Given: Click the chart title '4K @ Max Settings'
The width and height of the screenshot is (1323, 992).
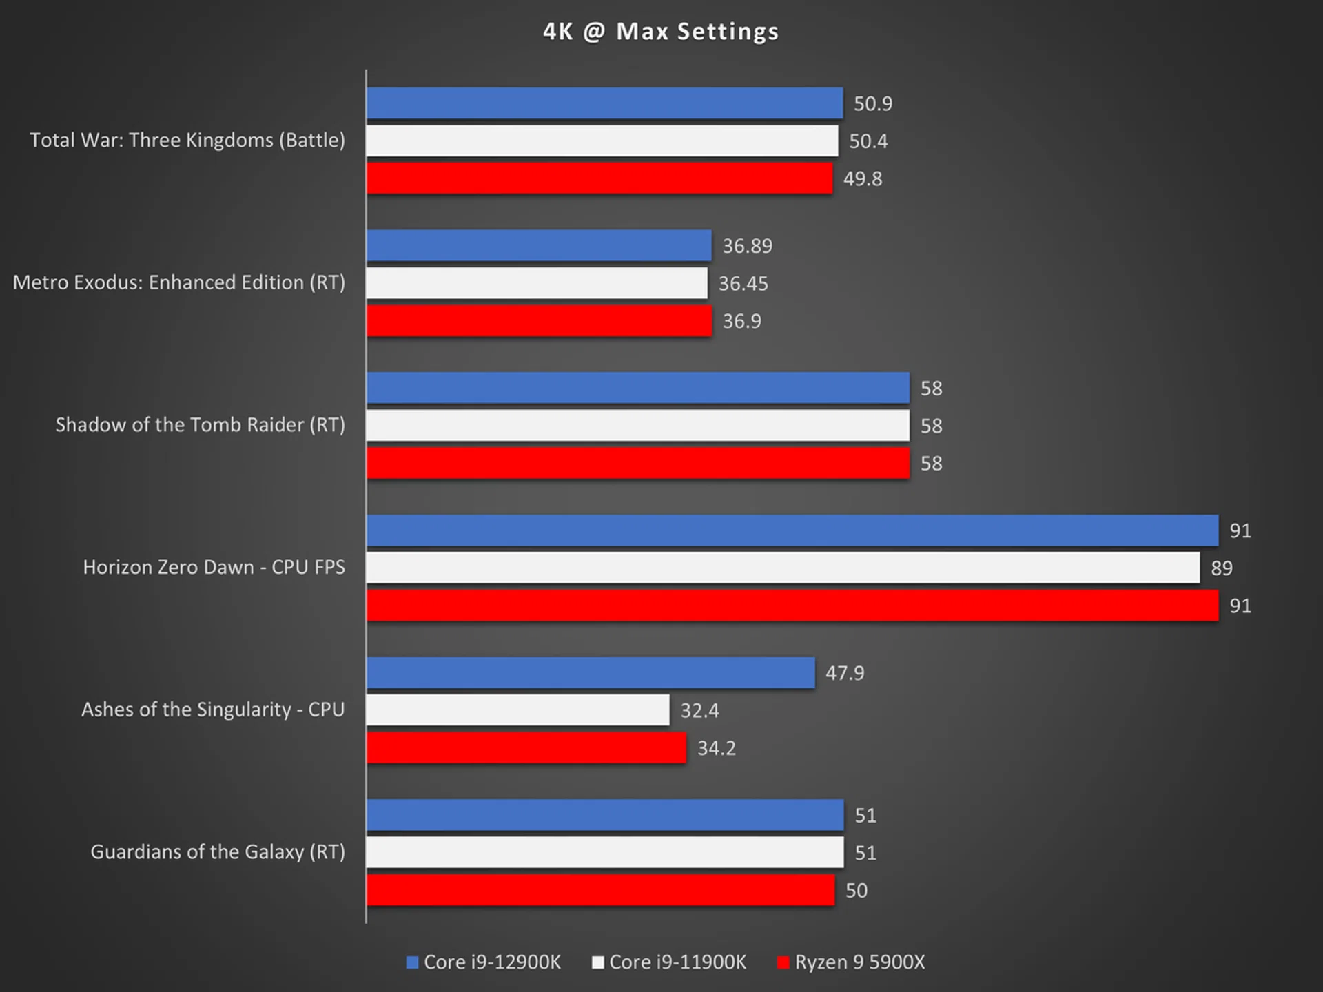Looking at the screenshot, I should pos(660,32).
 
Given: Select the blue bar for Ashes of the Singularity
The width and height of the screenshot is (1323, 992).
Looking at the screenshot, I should pos(591,672).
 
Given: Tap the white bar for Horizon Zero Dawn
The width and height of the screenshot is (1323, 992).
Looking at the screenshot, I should pos(783,568).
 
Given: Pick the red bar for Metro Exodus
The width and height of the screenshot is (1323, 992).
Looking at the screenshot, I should pos(539,321).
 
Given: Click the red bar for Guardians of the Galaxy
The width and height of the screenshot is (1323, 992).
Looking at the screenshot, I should pos(600,890).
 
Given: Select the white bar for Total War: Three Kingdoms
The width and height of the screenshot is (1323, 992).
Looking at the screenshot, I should pos(602,141).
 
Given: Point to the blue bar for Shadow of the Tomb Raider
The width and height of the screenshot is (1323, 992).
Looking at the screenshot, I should pos(638,388).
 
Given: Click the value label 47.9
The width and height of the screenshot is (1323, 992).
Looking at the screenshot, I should pos(845,672).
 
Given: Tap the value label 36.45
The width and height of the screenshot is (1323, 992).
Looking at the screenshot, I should pos(743,283).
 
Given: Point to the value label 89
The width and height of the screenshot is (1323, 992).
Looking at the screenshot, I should pos(1222,568).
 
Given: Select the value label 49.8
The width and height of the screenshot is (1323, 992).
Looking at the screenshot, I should pos(863,178).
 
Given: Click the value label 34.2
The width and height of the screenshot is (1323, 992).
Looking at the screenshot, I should pos(717,748).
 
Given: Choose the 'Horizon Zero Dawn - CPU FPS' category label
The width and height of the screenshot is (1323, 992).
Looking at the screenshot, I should pos(214,567).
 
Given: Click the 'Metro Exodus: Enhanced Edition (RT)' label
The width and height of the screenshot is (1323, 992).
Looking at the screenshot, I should pos(179,282).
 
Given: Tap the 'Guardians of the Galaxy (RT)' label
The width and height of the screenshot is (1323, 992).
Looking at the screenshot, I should pos(218,852).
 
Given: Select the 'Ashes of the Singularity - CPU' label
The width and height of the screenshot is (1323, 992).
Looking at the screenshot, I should pos(213,710).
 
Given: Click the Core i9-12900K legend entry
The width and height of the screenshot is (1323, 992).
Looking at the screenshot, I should pos(484,962).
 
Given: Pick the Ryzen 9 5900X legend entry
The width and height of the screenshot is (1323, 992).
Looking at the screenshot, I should pos(851,962).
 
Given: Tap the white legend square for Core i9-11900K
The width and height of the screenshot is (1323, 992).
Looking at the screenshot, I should pos(597,962).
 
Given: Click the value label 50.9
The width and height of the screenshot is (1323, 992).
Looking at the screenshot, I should pos(873,103).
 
